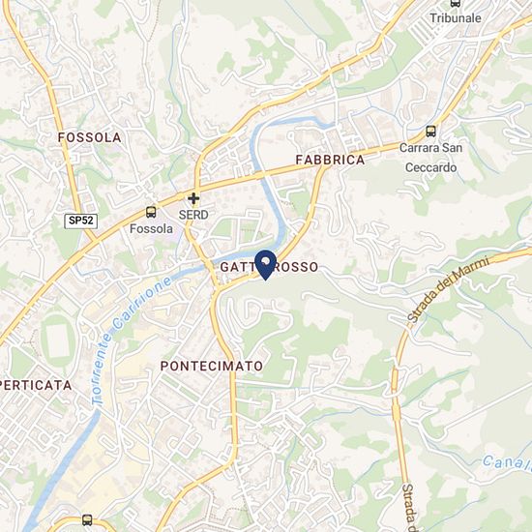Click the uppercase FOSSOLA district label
[x=89, y=137]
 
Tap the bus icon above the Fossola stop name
[x=151, y=212]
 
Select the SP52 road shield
[x=81, y=221]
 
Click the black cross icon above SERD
[x=193, y=197]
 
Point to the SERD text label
[x=193, y=214]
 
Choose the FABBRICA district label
[x=329, y=160]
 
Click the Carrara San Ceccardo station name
[x=430, y=157]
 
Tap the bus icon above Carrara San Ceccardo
[x=430, y=132]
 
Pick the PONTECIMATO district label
[x=211, y=367]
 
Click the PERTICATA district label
[x=37, y=384]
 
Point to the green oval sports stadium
[x=55, y=340]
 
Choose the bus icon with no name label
[x=89, y=521]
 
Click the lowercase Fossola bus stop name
[x=151, y=229]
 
